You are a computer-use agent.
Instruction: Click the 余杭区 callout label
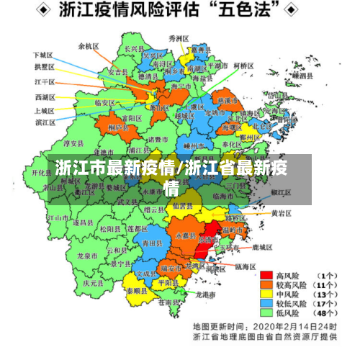89,45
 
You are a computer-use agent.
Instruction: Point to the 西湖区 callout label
45,96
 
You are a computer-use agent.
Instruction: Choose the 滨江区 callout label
45,122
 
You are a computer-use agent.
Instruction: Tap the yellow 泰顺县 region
135,290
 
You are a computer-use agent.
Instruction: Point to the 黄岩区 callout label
282,213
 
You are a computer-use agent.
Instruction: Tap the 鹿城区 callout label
262,247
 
